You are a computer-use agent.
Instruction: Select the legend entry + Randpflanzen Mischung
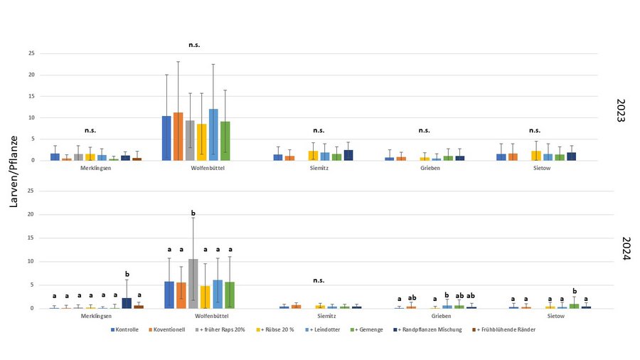431,329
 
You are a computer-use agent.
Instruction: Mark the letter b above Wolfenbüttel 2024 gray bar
193,213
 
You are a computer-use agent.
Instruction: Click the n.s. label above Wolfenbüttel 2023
194,45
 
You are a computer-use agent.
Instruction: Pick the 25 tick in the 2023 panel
31,53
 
